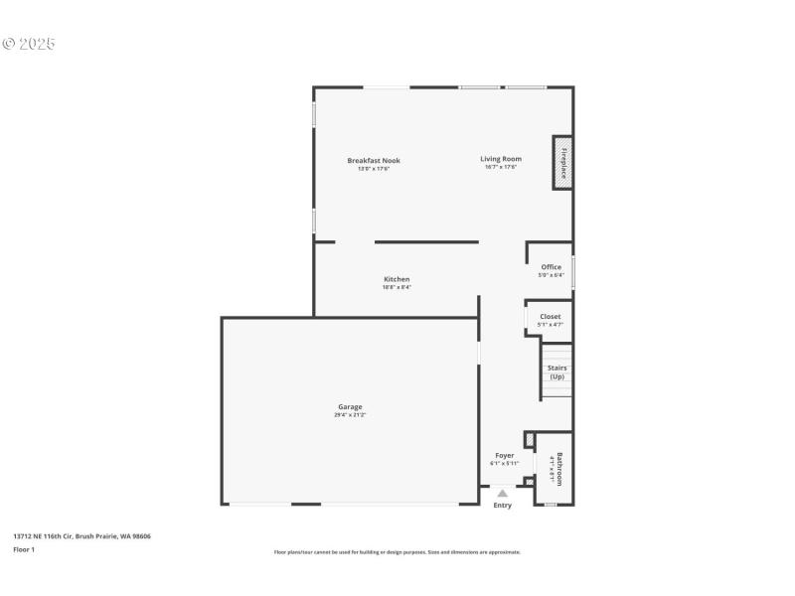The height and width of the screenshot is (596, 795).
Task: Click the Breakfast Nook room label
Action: (x=374, y=160)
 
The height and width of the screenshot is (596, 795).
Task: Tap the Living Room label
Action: (x=501, y=159)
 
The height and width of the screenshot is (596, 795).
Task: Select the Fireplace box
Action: (x=562, y=163)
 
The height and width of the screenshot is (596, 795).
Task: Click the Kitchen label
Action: (x=397, y=279)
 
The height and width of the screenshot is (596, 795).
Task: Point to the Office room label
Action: (x=551, y=267)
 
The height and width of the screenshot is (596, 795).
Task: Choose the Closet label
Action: (x=550, y=317)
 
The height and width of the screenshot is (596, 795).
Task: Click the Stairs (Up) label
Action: (x=556, y=372)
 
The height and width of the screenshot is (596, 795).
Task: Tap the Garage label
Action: (x=350, y=406)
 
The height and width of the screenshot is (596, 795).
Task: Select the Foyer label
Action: (x=505, y=455)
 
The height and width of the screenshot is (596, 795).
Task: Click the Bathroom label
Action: (x=559, y=468)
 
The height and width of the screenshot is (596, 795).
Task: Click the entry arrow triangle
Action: (x=503, y=493)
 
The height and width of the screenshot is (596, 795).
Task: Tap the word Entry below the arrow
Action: (x=503, y=506)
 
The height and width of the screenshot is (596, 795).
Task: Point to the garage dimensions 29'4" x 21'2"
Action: (x=350, y=415)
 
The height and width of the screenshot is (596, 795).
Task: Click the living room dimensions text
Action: (x=501, y=167)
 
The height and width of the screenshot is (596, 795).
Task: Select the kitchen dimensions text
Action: (x=397, y=287)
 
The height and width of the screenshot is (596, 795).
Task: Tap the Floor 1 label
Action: (x=24, y=549)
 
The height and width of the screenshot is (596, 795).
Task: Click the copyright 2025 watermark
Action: (x=29, y=44)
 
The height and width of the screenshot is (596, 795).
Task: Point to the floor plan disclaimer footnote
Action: (x=397, y=552)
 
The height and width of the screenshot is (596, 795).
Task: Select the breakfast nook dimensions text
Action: (x=374, y=168)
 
